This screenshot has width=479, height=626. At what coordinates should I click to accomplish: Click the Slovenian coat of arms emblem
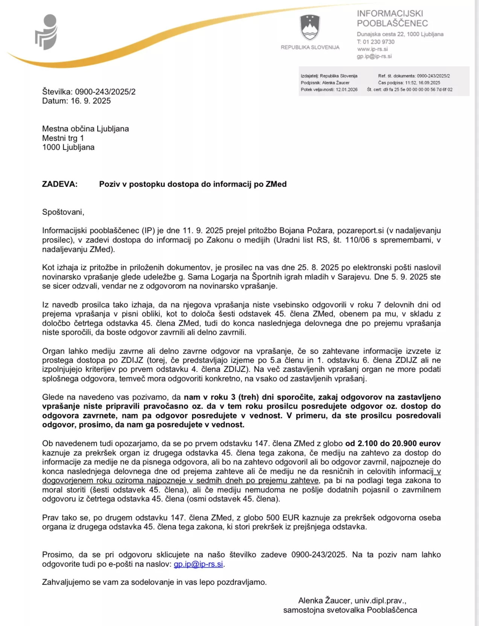coord(310,28)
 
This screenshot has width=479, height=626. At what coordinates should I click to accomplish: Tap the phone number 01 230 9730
coord(379,42)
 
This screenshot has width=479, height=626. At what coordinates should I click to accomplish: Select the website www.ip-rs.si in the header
coord(373,49)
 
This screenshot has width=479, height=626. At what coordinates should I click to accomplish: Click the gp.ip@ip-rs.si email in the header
coord(374,56)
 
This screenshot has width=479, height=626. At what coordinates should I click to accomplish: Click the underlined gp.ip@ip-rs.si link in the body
coord(198,564)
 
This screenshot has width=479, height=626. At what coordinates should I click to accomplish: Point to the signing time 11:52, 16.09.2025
coord(423,83)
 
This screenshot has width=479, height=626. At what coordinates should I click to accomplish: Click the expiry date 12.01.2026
coord(347,89)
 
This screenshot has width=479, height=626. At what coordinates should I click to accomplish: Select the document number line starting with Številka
coord(89,92)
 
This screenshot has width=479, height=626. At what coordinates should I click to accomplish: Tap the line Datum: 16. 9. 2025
coord(76,101)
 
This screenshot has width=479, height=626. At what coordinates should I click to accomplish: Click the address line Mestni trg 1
coord(63,138)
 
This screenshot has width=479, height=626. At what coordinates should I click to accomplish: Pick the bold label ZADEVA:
coord(60,184)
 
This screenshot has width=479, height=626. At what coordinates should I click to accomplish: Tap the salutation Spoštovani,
coord(63,212)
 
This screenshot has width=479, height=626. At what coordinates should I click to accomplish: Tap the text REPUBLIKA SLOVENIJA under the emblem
coord(310,47)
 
